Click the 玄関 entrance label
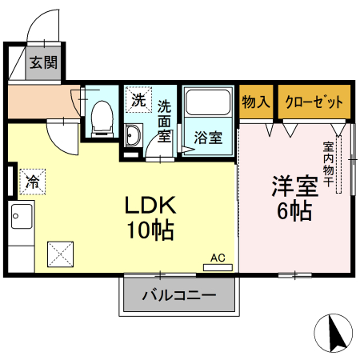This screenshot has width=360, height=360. (43, 62)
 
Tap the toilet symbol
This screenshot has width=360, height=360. (102, 118)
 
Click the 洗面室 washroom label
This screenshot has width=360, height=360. (164, 120)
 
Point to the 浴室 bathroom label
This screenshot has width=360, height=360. (208, 136)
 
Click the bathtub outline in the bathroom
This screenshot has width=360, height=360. (208, 105)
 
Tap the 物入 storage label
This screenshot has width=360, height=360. (256, 102)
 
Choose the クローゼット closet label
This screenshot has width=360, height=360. (314, 102)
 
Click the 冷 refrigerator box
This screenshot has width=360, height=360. (33, 182)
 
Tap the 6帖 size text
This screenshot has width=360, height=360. (294, 211)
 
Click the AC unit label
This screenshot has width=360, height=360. (218, 258)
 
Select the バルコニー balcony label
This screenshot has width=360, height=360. (180, 295)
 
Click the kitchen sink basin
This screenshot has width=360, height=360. (22, 216)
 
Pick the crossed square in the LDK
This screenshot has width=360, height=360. (62, 255)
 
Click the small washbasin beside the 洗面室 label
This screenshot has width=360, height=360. (133, 137)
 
